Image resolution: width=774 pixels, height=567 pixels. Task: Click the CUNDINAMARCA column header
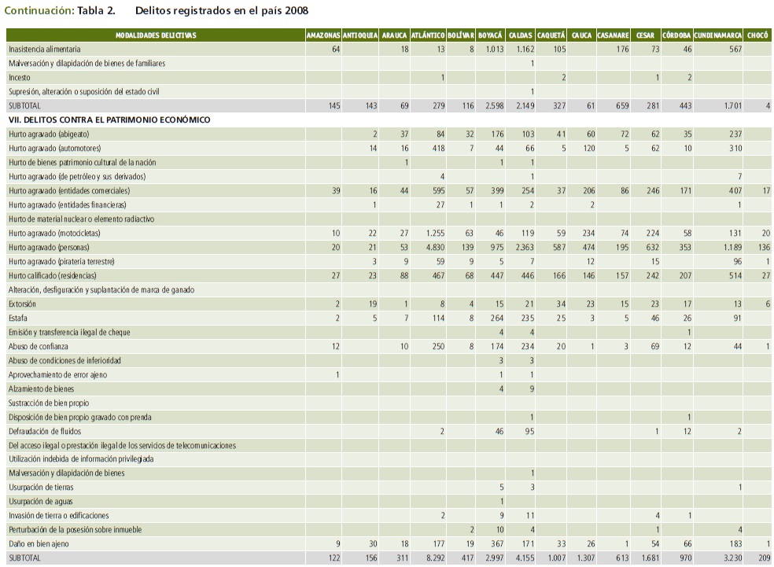[718, 35]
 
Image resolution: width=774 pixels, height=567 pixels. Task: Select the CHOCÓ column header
[758, 35]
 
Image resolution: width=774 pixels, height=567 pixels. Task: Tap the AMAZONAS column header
[323, 35]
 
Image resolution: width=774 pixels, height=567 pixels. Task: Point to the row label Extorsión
[23, 304]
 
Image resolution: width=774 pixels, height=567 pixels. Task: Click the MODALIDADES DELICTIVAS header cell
[155, 35]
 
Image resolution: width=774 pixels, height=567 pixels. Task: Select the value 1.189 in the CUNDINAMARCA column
[729, 247]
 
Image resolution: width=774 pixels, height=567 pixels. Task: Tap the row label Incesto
[20, 77]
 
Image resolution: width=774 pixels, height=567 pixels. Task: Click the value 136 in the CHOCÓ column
[761, 247]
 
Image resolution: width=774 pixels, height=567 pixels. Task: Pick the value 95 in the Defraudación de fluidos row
[528, 431]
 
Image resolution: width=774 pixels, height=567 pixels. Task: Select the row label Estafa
[18, 318]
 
